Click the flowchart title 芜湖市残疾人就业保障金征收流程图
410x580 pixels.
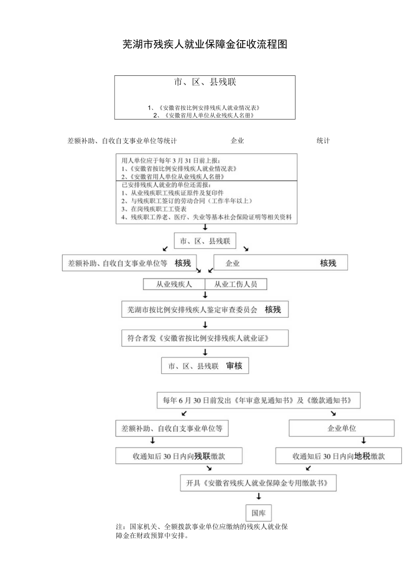click(205, 45)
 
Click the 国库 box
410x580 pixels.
click(258, 513)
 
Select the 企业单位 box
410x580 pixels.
click(341, 428)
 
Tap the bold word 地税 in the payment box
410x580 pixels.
click(362, 456)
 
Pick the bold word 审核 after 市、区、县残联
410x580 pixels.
click(234, 366)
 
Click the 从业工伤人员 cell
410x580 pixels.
click(236, 284)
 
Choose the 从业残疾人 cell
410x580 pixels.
click(174, 284)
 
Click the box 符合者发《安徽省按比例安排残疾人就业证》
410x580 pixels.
click(205, 338)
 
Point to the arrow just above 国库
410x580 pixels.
click(258, 496)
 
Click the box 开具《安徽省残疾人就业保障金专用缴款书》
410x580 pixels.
click(258, 483)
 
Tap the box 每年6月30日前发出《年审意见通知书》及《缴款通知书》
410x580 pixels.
click(258, 400)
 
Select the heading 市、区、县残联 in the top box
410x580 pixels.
click(205, 82)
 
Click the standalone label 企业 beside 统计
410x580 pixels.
click(237, 141)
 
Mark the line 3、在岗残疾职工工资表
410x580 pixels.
click(154, 209)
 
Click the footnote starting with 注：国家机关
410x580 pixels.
click(201, 531)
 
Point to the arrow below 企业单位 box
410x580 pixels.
click(363, 441)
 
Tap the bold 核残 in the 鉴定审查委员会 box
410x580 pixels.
click(273, 309)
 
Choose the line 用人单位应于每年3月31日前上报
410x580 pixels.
click(171, 160)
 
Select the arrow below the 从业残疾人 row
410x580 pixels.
click(205, 295)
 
